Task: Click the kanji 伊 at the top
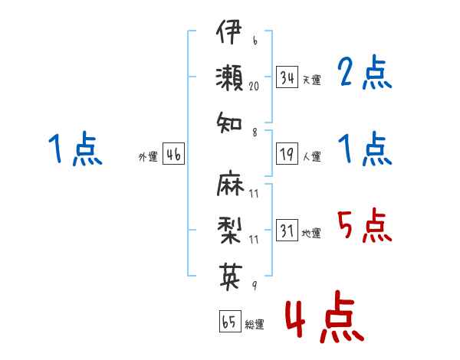point(228,31)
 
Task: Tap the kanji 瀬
point(229,77)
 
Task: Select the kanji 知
point(229,123)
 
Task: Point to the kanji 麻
point(230,183)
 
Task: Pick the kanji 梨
point(229,230)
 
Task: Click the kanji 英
point(231,277)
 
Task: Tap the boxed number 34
point(287,77)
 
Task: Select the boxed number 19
point(287,154)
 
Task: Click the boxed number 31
point(287,230)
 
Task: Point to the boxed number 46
point(174,154)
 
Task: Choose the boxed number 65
point(230,321)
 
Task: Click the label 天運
point(312,80)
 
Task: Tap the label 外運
point(148,157)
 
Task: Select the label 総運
point(255,324)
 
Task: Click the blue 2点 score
point(365,72)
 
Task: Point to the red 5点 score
point(365,225)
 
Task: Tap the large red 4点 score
point(325,316)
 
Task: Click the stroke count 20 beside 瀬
point(254,86)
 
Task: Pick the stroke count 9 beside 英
point(255,285)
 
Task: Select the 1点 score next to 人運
point(365,149)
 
